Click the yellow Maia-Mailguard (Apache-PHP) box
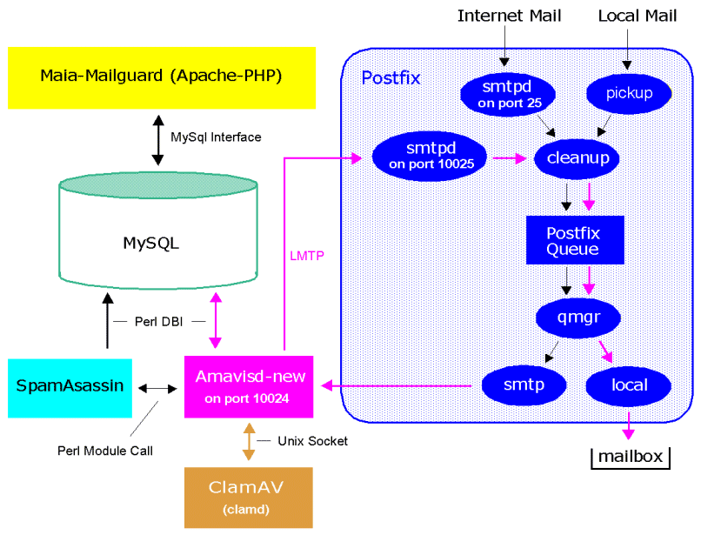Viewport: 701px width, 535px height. tap(162, 77)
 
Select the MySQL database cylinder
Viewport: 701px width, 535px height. tap(157, 242)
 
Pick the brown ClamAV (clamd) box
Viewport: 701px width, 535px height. tap(249, 497)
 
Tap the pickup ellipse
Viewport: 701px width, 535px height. tap(628, 93)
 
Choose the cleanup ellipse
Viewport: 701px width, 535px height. tap(577, 157)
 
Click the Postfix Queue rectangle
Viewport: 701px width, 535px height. tap(575, 240)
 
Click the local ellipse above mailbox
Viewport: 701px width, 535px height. tap(628, 384)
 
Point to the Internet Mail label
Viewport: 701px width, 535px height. tap(509, 16)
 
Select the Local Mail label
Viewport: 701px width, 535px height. tap(637, 16)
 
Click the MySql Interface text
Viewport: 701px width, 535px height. tap(216, 137)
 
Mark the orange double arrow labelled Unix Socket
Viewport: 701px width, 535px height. tap(250, 442)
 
